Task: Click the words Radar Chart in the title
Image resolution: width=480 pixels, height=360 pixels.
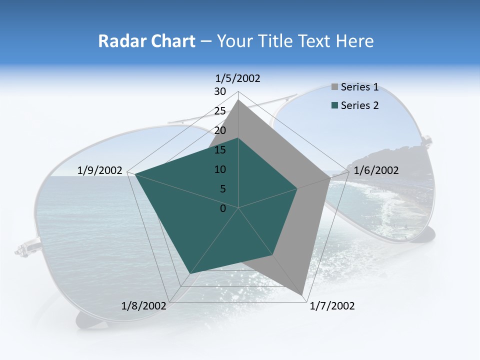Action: (146, 41)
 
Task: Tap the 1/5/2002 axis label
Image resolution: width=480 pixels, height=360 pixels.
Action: (238, 78)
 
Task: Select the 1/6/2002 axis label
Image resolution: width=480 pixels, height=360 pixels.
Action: (376, 170)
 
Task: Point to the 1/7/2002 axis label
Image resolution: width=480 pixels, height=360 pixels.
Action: (332, 306)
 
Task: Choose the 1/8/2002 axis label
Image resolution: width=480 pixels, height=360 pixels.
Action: (144, 306)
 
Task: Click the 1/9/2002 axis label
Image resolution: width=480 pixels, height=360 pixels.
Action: (100, 170)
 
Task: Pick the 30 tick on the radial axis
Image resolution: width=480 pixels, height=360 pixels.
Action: (220, 91)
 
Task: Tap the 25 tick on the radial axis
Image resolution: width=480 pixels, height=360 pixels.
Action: (220, 111)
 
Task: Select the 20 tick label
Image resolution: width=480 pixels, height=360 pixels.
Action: (220, 130)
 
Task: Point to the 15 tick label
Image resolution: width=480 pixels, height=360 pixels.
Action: (220, 150)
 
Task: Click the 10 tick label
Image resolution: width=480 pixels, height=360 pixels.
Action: (220, 169)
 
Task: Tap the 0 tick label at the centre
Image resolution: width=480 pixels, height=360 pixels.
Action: (223, 208)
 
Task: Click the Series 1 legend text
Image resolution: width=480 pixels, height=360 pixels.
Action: (359, 87)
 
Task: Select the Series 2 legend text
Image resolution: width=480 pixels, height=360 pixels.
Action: (359, 105)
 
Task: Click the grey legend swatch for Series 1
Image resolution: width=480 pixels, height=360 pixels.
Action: (335, 87)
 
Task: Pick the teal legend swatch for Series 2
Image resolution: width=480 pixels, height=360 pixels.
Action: (335, 105)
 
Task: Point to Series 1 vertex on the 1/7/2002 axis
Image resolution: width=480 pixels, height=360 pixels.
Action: (302, 294)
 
